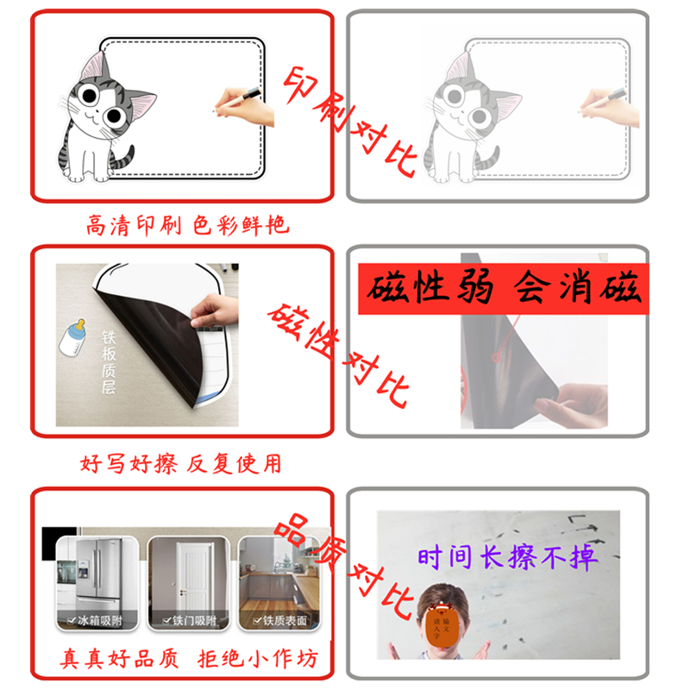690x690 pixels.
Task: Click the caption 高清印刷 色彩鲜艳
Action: (186, 226)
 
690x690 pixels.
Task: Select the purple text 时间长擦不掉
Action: (507, 558)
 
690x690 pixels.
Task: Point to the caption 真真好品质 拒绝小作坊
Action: (189, 659)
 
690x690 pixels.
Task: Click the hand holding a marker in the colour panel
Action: (245, 104)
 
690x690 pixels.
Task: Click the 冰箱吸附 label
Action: (95, 621)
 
